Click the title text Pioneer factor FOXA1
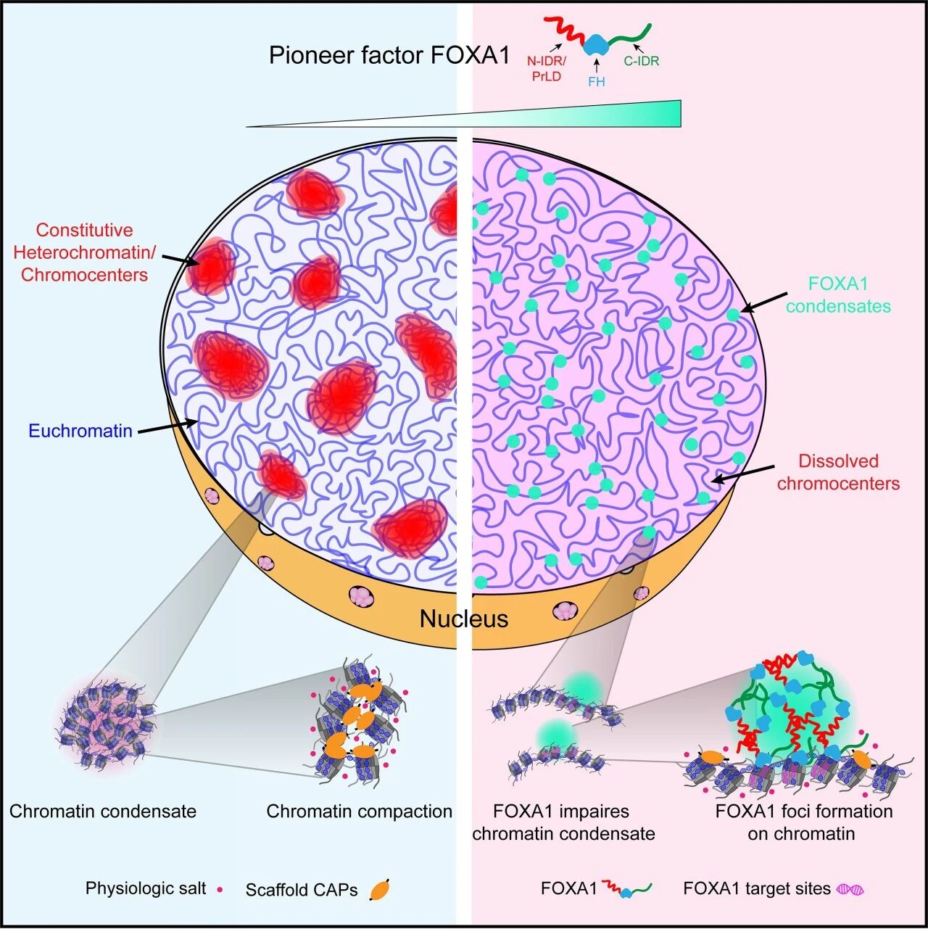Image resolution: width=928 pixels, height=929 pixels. [x=389, y=55]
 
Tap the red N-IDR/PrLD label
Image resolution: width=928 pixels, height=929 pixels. [x=547, y=68]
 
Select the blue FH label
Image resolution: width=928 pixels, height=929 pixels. [x=597, y=82]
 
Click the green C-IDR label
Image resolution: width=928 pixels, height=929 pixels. [x=641, y=61]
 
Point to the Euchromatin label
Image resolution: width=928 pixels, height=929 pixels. [x=80, y=431]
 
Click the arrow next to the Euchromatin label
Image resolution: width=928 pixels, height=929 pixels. [x=167, y=427]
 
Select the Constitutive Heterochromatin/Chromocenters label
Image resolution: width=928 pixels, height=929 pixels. [x=84, y=252]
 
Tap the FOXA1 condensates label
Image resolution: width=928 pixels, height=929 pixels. [x=838, y=295]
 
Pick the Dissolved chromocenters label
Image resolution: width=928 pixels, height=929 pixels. [x=838, y=472]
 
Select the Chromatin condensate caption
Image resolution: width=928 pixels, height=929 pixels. [x=103, y=811]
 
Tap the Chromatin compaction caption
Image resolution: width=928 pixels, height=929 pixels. [x=359, y=811]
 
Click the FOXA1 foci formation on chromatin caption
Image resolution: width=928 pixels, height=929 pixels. [x=803, y=822]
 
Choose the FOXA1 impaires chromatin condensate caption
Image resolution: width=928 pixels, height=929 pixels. [x=563, y=822]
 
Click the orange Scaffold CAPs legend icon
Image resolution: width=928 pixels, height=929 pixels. [x=380, y=889]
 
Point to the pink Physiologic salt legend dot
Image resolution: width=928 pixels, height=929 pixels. [x=220, y=889]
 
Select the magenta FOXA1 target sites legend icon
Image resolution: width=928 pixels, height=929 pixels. [x=850, y=889]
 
